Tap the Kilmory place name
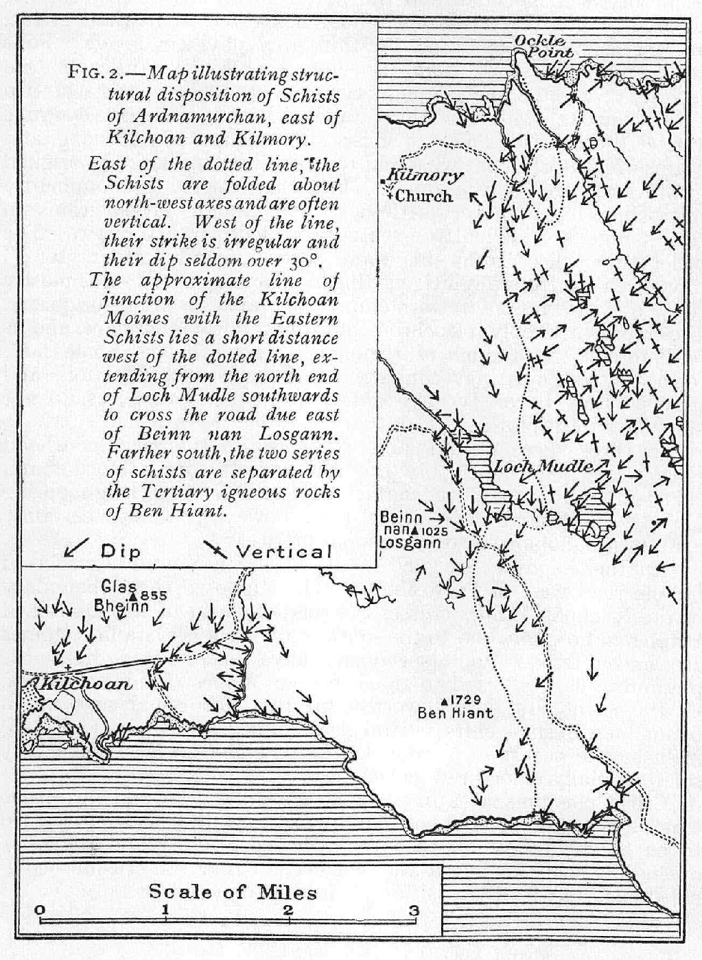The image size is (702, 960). tap(425, 176)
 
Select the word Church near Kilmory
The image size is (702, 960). tap(425, 196)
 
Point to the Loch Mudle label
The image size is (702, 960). tap(542, 467)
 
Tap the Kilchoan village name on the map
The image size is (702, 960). tap(86, 684)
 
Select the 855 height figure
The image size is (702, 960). tap(154, 595)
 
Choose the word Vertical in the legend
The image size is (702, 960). tap(283, 551)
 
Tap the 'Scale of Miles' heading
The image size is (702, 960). tap(233, 892)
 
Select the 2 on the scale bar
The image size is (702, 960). tap(288, 910)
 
